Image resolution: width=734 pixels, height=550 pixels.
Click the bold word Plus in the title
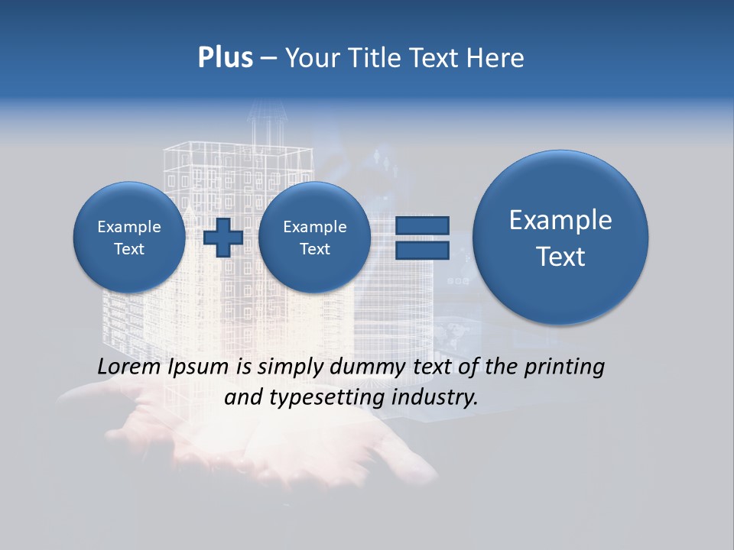(225, 58)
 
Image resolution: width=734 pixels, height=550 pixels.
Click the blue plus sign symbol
(222, 238)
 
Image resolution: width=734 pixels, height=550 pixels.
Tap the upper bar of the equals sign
(421, 226)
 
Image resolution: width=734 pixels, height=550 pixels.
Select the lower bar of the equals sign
(421, 251)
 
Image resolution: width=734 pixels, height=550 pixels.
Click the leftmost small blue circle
(128, 238)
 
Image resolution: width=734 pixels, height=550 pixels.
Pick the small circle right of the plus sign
(314, 238)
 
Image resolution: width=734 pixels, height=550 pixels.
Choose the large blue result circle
(560, 238)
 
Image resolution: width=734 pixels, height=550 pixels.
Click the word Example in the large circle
(560, 220)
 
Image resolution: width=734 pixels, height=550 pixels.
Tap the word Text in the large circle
(560, 257)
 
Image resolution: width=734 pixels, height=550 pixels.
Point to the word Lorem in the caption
(129, 367)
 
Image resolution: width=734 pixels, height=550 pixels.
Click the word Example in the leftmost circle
(128, 227)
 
